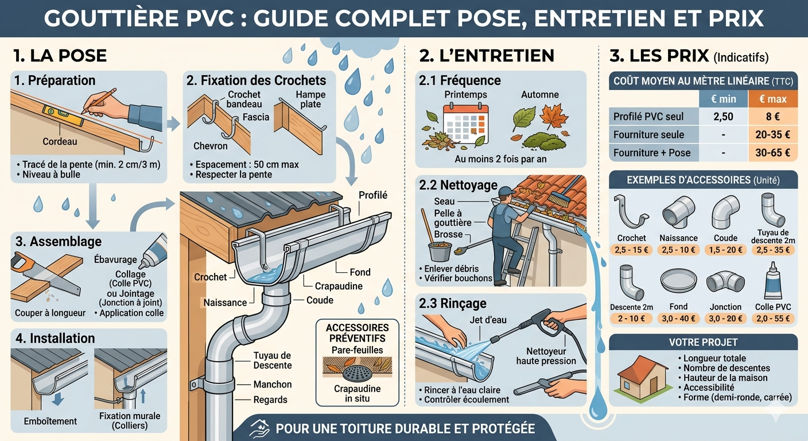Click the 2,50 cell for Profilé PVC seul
pyautogui.click(x=723, y=117)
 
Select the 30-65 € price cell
pyautogui.click(x=772, y=153)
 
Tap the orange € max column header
pyautogui.click(x=772, y=99)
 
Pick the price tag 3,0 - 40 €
pyautogui.click(x=678, y=319)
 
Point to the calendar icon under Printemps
pyautogui.click(x=465, y=124)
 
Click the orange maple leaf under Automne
pyautogui.click(x=554, y=116)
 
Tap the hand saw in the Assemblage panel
pyautogui.click(x=45, y=274)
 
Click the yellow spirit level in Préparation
pyautogui.click(x=64, y=115)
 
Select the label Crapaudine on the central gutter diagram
pyautogui.click(x=339, y=286)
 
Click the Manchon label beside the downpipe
pyautogui.click(x=273, y=384)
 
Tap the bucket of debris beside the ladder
pyautogui.click(x=440, y=251)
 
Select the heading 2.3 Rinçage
pyautogui.click(x=452, y=304)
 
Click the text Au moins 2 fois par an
pyautogui.click(x=500, y=159)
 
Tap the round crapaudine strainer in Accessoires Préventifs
pyautogui.click(x=357, y=373)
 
